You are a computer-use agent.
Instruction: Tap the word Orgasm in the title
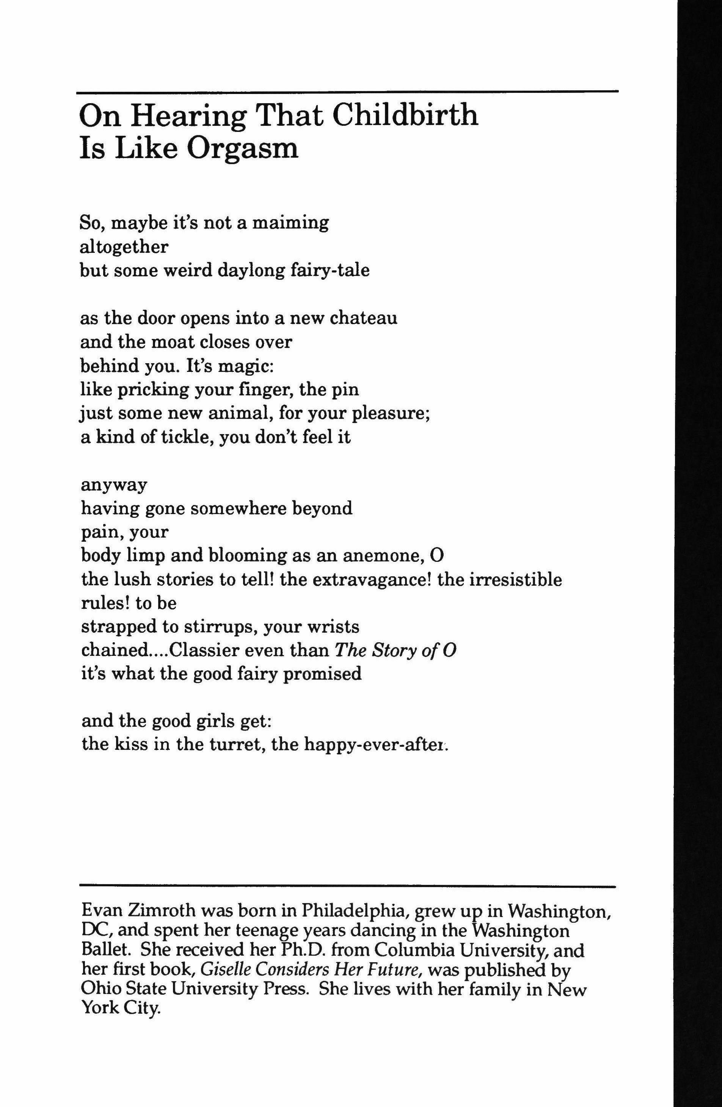click(x=242, y=149)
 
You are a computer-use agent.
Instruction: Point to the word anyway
click(x=114, y=486)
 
